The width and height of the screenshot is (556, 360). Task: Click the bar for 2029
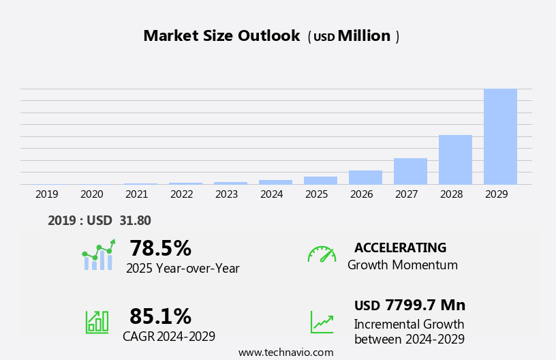tap(500, 136)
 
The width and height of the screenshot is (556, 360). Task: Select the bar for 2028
tap(455, 160)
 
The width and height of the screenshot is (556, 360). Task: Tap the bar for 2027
tap(410, 171)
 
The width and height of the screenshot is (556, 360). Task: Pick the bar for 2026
tap(365, 177)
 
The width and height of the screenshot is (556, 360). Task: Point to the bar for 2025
tap(320, 181)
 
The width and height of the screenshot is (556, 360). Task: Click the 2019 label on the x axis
tap(47, 194)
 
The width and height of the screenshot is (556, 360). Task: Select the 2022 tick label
tap(182, 194)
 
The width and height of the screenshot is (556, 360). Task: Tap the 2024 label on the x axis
tap(272, 194)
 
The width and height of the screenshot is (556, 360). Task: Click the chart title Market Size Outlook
tap(221, 36)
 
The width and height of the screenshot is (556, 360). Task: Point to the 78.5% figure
tap(160, 248)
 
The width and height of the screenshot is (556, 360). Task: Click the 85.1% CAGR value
tap(160, 316)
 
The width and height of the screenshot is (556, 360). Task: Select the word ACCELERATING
tap(400, 248)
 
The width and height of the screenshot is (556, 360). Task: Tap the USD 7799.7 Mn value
tap(410, 305)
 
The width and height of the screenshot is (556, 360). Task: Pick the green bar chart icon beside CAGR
tap(97, 321)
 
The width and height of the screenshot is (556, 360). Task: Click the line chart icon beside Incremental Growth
tap(322, 322)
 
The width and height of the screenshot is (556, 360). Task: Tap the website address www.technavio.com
tap(285, 352)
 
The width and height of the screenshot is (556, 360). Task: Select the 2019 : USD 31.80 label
tap(99, 220)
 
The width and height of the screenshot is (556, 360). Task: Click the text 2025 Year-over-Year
tap(183, 269)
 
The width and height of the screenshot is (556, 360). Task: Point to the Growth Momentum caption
tap(402, 265)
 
